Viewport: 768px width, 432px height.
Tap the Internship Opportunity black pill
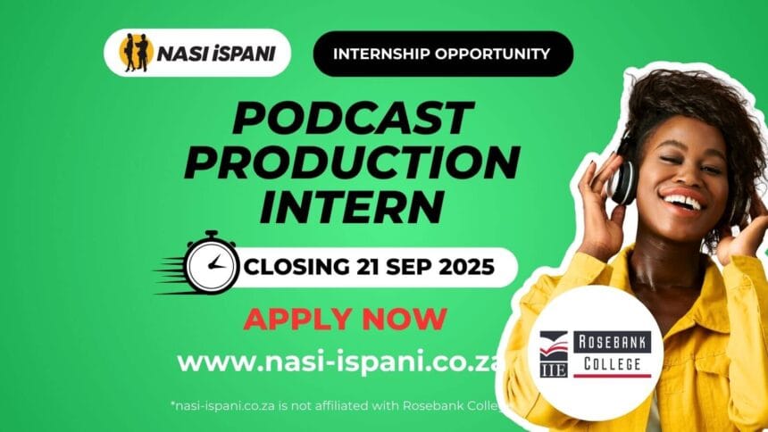click(x=441, y=54)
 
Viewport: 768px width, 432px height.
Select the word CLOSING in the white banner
click(x=297, y=266)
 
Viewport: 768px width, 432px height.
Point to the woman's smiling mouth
click(x=685, y=201)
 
